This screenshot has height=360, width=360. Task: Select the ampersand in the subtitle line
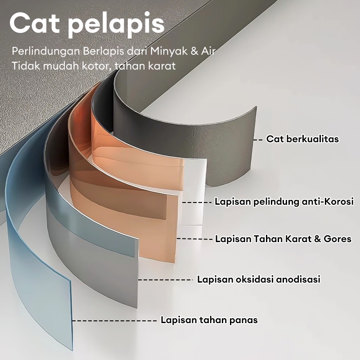[x=194, y=50]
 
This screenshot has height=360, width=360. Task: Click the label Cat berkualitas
[x=302, y=139]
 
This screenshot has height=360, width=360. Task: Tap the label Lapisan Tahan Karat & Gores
[x=283, y=238]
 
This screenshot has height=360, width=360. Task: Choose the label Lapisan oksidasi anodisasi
[x=259, y=279]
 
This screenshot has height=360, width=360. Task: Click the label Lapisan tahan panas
[x=209, y=320]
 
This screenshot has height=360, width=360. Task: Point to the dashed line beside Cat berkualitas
[x=258, y=139]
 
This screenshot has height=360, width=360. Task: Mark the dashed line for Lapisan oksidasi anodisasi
[x=165, y=279]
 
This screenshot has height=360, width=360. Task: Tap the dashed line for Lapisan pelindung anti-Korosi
[x=197, y=202]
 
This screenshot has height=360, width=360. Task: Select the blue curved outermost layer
[x=40, y=252]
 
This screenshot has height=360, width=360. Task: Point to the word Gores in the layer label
[x=337, y=238]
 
